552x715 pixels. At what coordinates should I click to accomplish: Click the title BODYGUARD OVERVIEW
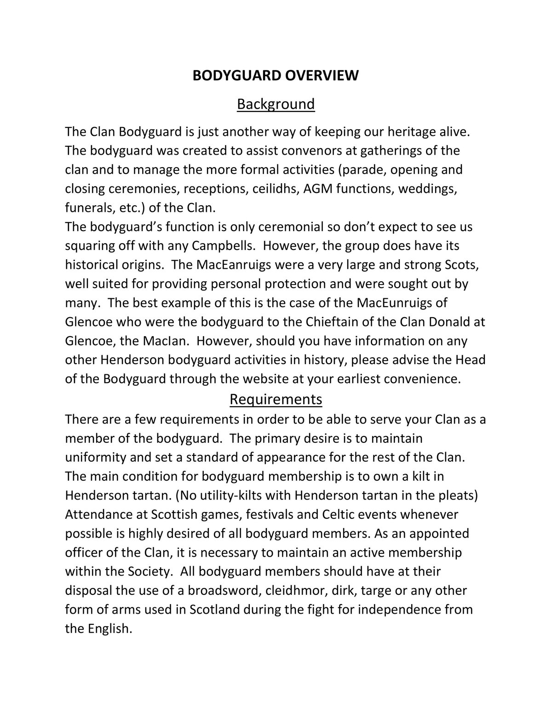point(275,76)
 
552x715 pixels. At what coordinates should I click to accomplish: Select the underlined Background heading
point(276,104)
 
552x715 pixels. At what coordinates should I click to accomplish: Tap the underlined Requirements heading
point(276,399)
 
